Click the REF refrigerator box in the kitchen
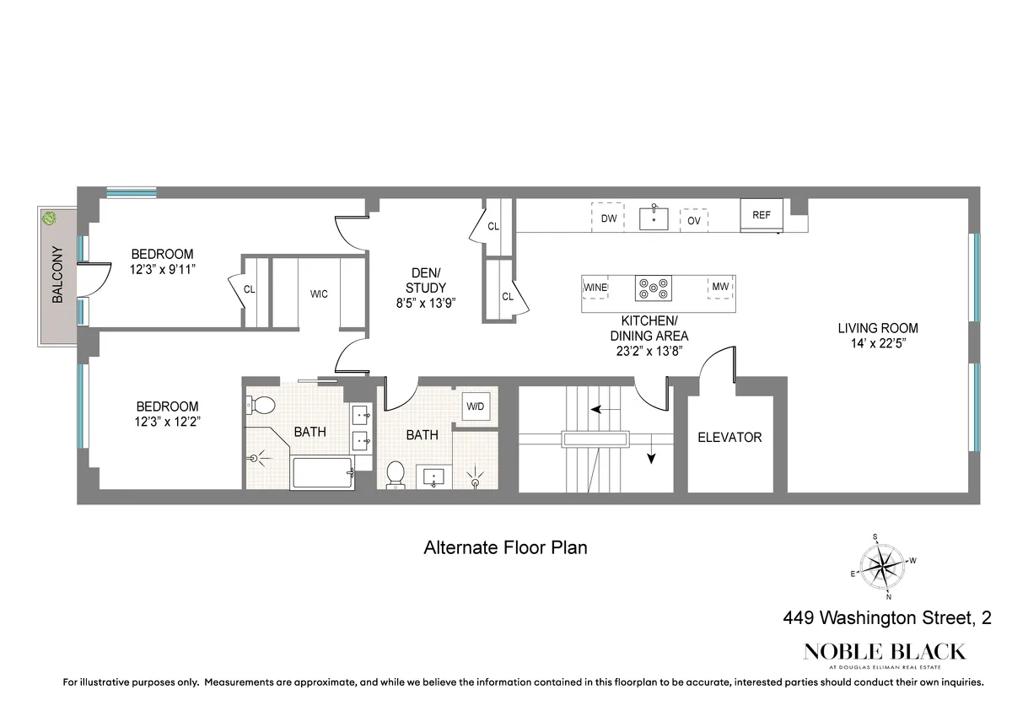point(762,215)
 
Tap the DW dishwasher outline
point(608,218)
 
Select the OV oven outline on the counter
point(694,220)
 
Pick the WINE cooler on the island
point(595,288)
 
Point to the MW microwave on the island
point(719,287)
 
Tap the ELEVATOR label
point(729,438)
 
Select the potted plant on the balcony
point(50,218)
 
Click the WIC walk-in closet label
point(319,294)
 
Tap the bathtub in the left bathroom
point(321,473)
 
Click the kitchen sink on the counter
point(654,218)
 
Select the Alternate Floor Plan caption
point(504,547)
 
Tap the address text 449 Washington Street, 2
point(885,619)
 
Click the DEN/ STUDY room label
point(426,280)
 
